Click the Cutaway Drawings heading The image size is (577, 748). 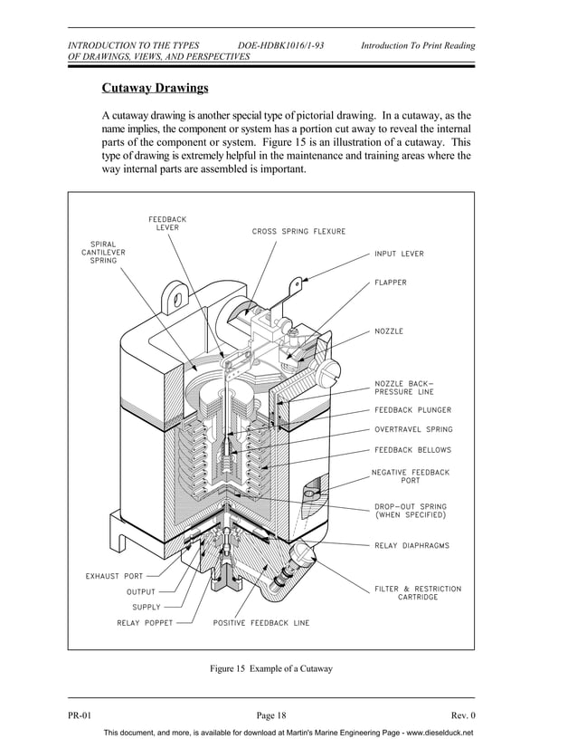(x=155, y=89)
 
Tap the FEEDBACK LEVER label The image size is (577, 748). (x=167, y=223)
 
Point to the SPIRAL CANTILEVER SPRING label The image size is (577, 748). (x=102, y=252)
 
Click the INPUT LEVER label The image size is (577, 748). (x=399, y=254)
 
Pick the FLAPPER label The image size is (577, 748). (x=391, y=283)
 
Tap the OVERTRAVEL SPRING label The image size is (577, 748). (x=413, y=430)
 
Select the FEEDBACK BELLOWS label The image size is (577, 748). (x=412, y=450)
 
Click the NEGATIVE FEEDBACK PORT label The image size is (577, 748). (x=411, y=476)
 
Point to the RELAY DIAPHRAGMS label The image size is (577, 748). (x=411, y=546)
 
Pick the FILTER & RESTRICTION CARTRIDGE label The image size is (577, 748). (x=418, y=593)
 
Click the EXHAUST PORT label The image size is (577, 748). (x=113, y=575)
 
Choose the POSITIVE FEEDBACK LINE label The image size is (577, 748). (x=261, y=623)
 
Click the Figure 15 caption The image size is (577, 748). (x=271, y=669)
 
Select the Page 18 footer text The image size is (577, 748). (x=271, y=715)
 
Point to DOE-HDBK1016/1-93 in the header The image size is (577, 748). (x=280, y=45)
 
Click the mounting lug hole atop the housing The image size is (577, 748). (x=177, y=295)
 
